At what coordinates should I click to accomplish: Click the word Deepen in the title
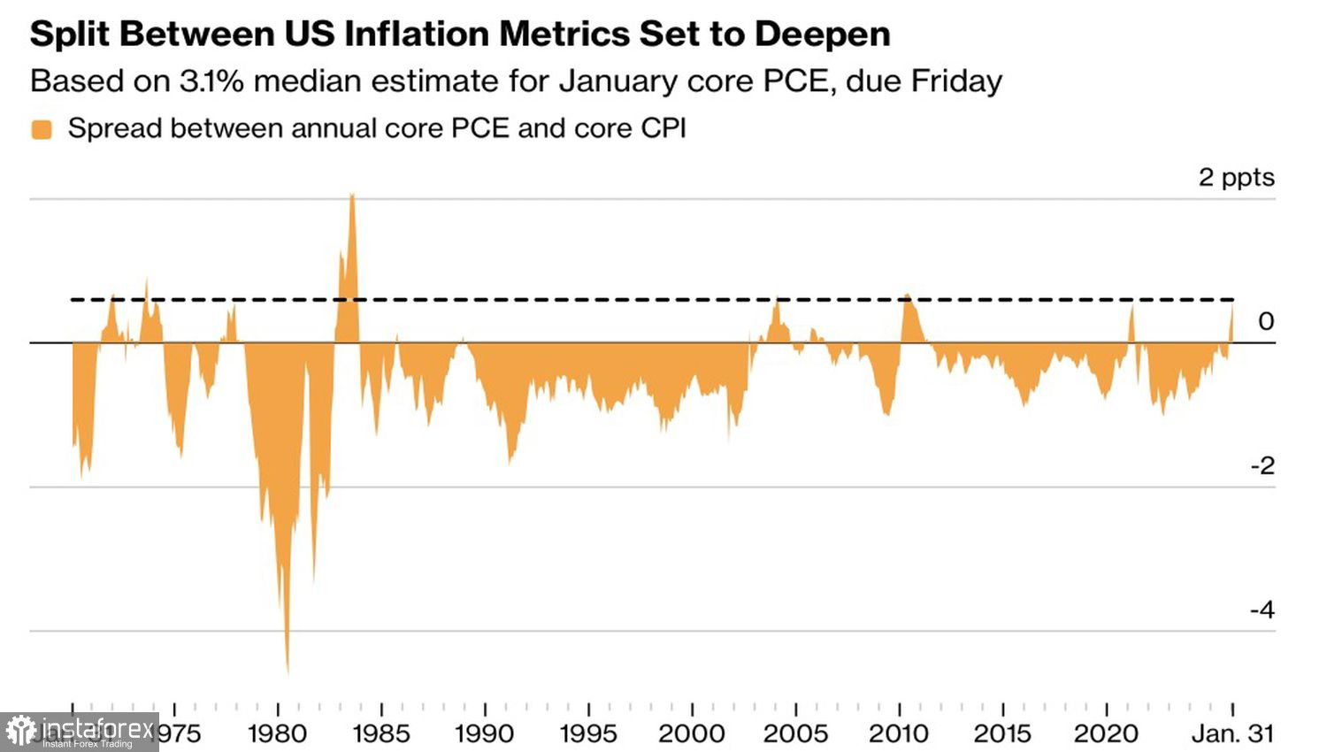tap(822, 35)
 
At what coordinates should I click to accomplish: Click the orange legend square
tap(42, 129)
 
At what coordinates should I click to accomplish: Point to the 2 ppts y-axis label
tap(1236, 177)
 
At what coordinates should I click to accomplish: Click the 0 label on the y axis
tap(1266, 321)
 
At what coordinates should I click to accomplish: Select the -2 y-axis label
tap(1262, 465)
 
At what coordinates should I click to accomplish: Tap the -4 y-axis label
tap(1262, 610)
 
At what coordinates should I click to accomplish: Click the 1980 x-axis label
tap(278, 733)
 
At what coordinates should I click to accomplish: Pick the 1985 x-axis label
tap(381, 733)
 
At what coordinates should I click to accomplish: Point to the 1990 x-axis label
tap(485, 733)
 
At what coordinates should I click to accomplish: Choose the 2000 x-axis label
tap(692, 733)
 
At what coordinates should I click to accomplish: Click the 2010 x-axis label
tap(899, 733)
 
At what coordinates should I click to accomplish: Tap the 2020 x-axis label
tap(1106, 733)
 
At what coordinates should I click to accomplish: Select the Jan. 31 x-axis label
tap(1232, 733)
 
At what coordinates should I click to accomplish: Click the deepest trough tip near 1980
tap(288, 672)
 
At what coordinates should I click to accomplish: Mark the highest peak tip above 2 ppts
tap(352, 194)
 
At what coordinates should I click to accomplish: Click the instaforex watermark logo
tap(80, 732)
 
